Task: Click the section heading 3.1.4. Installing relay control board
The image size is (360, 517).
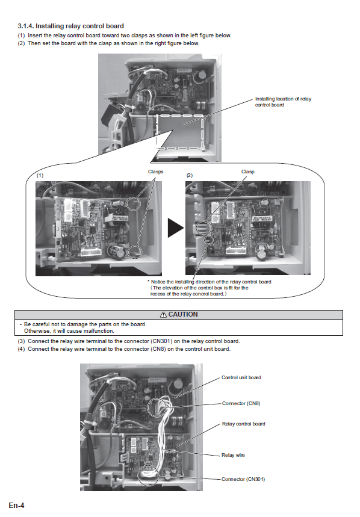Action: pos(71,26)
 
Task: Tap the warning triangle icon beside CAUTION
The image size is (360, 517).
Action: pos(163,315)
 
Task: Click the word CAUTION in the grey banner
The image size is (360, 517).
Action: pos(183,314)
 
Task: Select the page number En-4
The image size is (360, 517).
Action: pos(16,506)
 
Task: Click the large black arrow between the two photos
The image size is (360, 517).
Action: pos(176,228)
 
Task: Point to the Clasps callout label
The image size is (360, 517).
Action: pos(155,172)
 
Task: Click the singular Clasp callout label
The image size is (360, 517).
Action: pos(248,172)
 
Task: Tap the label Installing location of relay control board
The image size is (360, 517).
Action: pos(283,102)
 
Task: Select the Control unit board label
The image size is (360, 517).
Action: pos(241,377)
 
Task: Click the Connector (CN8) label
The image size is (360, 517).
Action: pos(241,403)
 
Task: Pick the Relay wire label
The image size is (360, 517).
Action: pos(233,455)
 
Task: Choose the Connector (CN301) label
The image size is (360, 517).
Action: pos(243,479)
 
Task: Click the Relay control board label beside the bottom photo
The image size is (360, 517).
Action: pos(244,424)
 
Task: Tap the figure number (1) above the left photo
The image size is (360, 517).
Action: pos(40,175)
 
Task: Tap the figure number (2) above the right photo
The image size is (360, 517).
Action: pos(190,175)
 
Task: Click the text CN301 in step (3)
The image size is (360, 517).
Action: pos(161,341)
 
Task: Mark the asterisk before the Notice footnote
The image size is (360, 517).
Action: pos(148,281)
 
